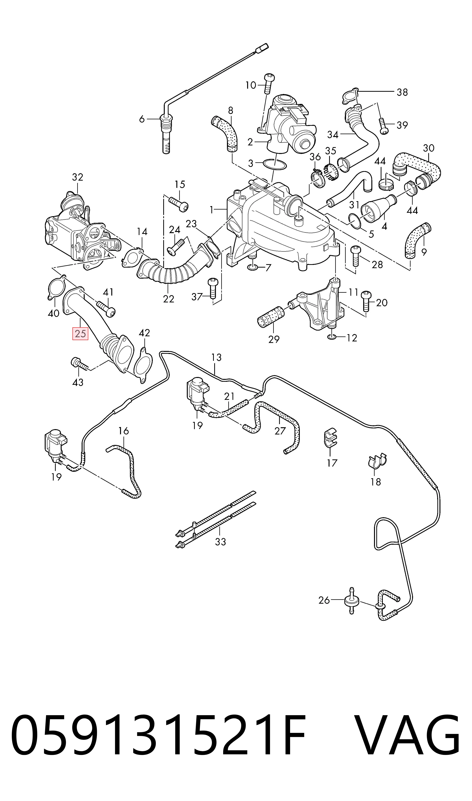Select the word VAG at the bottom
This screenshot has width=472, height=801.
[407, 735]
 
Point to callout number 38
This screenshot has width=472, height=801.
[402, 92]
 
